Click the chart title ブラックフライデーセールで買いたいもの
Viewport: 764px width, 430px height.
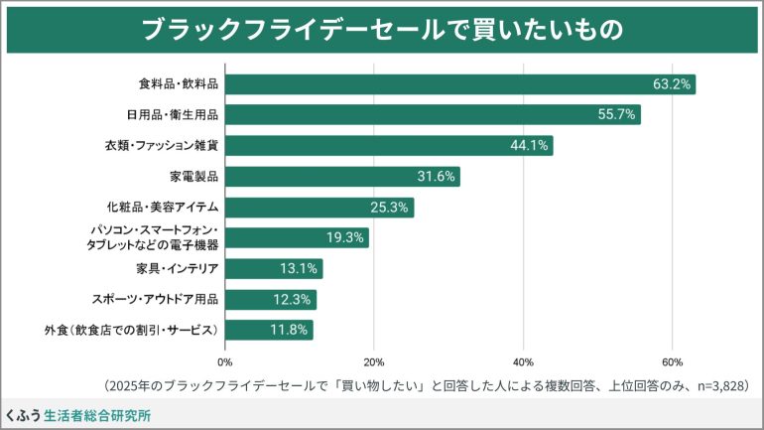pyautogui.click(x=382, y=30)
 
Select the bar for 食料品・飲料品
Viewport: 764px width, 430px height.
pyautogui.click(x=459, y=84)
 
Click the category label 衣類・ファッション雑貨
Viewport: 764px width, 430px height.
pyautogui.click(x=162, y=146)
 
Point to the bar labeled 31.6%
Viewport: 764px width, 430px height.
pyautogui.click(x=342, y=177)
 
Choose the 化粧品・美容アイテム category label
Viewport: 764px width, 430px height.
pyautogui.click(x=162, y=208)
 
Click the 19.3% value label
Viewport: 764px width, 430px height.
pyautogui.click(x=346, y=238)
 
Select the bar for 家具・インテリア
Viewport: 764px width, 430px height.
pyautogui.click(x=274, y=269)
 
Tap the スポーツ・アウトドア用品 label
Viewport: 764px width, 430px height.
pyautogui.click(x=155, y=299)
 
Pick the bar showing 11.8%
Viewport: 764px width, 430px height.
pyautogui.click(x=269, y=330)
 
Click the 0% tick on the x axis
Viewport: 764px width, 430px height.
pyautogui.click(x=225, y=361)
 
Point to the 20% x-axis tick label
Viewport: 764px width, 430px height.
pyautogui.click(x=374, y=361)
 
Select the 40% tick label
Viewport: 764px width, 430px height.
pyautogui.click(x=523, y=361)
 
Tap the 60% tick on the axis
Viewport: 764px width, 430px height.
pyautogui.click(x=672, y=361)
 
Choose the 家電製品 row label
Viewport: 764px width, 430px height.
pyautogui.click(x=193, y=177)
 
